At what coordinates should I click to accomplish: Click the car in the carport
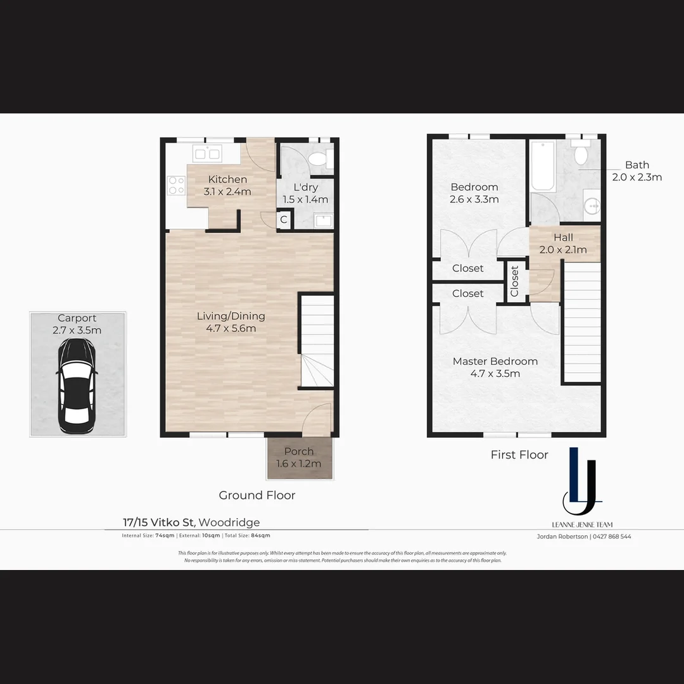[x=77, y=386]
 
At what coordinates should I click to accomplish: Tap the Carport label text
[x=77, y=318]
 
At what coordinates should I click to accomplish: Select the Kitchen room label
[x=227, y=179]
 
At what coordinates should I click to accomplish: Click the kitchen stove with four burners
[x=176, y=186]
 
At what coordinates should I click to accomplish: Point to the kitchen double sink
[x=206, y=154]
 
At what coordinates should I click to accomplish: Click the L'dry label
[x=305, y=187]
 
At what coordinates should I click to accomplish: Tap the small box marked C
[x=284, y=220]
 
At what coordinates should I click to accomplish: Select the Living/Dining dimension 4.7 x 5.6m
[x=231, y=328]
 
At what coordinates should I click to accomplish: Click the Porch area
[x=299, y=457]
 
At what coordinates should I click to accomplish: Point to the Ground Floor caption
[x=257, y=495]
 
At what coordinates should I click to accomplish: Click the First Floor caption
[x=519, y=455]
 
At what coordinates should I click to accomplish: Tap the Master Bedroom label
[x=495, y=361]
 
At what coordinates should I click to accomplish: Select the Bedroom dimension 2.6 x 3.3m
[x=474, y=199]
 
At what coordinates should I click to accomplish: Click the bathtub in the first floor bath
[x=543, y=166]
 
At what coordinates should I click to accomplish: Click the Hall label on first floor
[x=562, y=237]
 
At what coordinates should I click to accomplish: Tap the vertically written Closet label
[x=514, y=281]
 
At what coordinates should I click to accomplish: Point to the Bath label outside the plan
[x=636, y=165]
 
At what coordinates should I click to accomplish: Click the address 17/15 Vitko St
[x=159, y=522]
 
